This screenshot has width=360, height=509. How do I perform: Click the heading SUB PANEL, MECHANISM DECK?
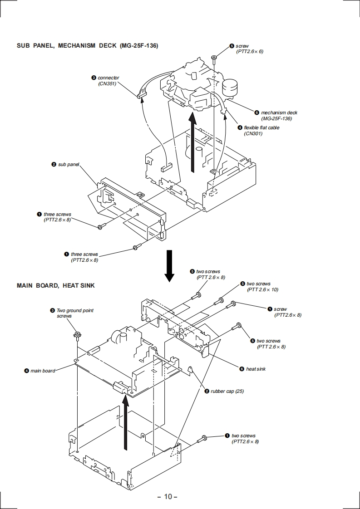point(87,46)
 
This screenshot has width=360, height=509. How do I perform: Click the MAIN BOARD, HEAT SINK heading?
point(55,285)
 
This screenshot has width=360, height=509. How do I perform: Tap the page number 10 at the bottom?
point(168,496)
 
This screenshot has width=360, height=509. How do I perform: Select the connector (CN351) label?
point(108,81)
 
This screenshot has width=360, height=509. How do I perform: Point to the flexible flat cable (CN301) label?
point(261,131)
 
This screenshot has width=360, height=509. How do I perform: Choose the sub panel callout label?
point(68,164)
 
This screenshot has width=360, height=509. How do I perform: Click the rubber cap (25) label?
point(227,391)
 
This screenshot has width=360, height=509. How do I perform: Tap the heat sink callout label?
point(256,369)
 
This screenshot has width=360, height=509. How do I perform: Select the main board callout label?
point(42,371)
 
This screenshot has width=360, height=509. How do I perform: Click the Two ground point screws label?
point(74,313)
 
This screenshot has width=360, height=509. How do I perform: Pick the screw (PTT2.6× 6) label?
point(249,49)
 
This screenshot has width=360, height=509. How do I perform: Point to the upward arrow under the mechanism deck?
point(193,143)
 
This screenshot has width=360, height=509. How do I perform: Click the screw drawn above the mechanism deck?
point(213,58)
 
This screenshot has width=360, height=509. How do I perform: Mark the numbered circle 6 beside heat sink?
point(242,369)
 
